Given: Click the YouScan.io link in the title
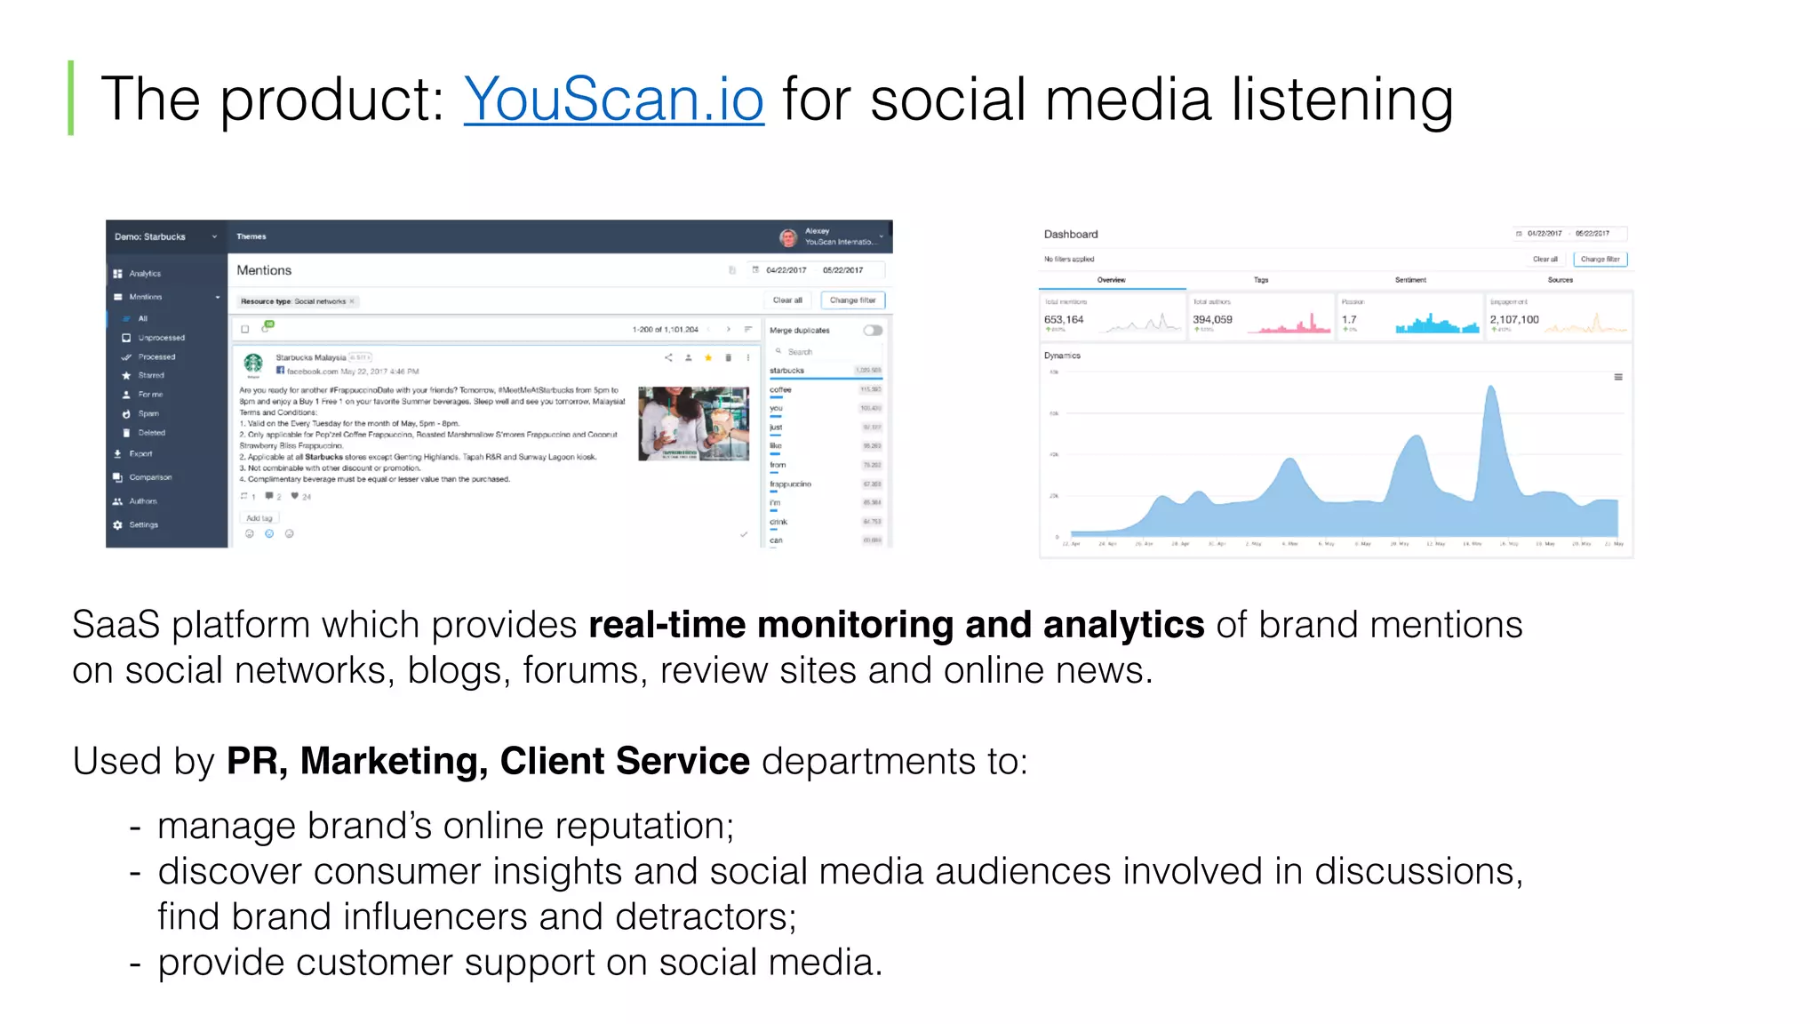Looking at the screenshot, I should pyautogui.click(x=613, y=99).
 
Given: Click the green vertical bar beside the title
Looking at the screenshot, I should pyautogui.click(x=71, y=98).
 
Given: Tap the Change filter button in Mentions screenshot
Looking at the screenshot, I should pyautogui.click(x=852, y=300).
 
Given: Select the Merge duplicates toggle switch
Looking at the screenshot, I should pyautogui.click(x=873, y=331).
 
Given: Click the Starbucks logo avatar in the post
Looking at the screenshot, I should pyautogui.click(x=254, y=363).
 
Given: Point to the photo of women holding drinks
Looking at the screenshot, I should pyautogui.click(x=693, y=423).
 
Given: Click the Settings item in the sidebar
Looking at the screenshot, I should pyautogui.click(x=143, y=525).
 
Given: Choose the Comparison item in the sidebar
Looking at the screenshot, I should pyautogui.click(x=150, y=477).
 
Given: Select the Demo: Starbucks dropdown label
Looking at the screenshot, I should pyautogui.click(x=150, y=237).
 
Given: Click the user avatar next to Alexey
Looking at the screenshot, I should pyautogui.click(x=788, y=237).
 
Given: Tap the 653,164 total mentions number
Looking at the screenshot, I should pyautogui.click(x=1064, y=320).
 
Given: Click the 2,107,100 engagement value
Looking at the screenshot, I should pyautogui.click(x=1514, y=320).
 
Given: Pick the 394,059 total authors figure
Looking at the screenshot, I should pyautogui.click(x=1212, y=320).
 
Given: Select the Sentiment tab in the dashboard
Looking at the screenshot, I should pyautogui.click(x=1410, y=280).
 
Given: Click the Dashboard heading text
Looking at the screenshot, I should pyautogui.click(x=1071, y=235).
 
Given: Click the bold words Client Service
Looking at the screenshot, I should pyautogui.click(x=625, y=762).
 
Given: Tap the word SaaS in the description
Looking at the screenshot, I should pyautogui.click(x=116, y=625).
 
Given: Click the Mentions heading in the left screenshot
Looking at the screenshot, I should pyautogui.click(x=264, y=270).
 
